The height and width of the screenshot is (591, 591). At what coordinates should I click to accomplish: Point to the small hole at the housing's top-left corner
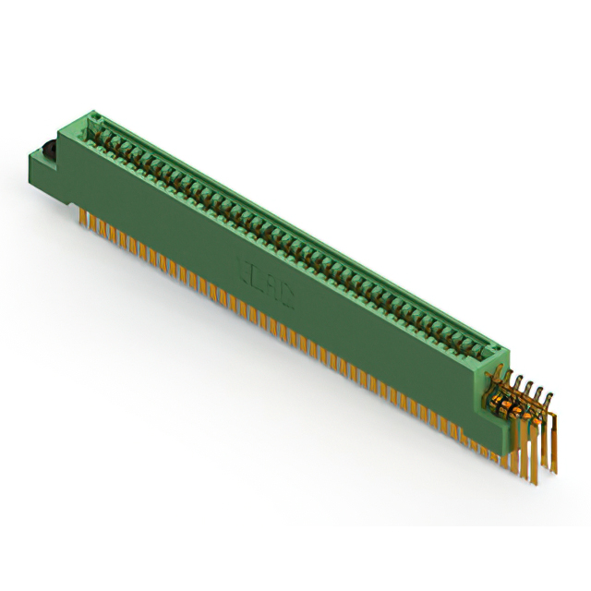pos(92,117)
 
